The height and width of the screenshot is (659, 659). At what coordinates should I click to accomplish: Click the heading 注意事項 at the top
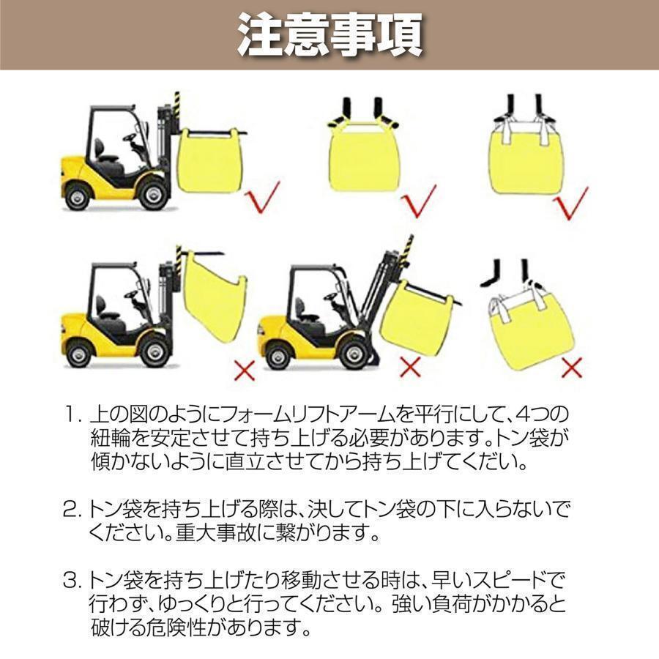click(329, 34)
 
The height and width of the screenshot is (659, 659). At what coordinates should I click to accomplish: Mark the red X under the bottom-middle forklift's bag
click(410, 367)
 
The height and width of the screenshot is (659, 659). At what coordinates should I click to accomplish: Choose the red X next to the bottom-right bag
click(571, 367)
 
